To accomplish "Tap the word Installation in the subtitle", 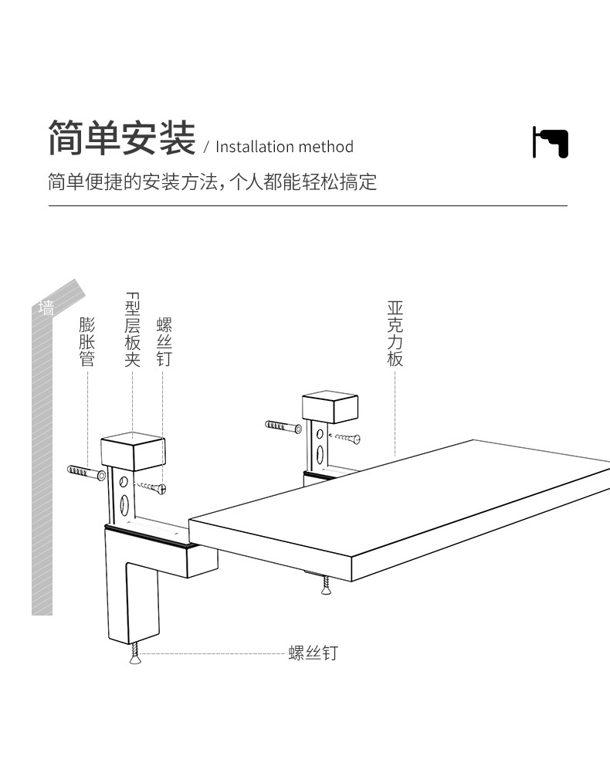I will (x=255, y=147).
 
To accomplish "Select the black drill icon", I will (x=550, y=142).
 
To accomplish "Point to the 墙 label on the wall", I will (x=47, y=308).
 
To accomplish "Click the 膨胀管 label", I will (x=86, y=341).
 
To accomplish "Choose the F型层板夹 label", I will (x=132, y=331).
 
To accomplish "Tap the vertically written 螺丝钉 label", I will (x=164, y=341).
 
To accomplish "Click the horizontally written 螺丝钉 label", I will (x=313, y=653).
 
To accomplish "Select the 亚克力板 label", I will (x=395, y=334).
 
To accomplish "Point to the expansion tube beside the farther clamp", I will (x=283, y=426).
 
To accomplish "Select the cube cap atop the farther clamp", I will (x=330, y=406).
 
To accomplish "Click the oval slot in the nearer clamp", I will (x=124, y=504).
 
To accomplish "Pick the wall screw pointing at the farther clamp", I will (x=345, y=439).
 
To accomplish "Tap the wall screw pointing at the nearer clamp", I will (x=152, y=487).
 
